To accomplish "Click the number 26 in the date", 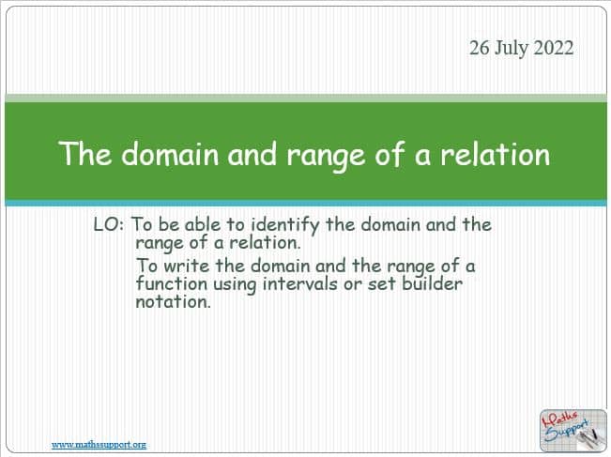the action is click(480, 48).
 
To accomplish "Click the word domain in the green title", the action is click(170, 154).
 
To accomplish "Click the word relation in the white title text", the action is click(495, 154).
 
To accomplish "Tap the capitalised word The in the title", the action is click(85, 154).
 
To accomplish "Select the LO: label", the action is click(109, 225).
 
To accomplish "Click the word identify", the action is click(284, 225).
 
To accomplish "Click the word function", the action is click(172, 283).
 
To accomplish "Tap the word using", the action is click(235, 285).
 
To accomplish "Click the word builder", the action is click(432, 283).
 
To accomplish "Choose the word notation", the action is click(174, 302).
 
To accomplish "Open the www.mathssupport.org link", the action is click(99, 445).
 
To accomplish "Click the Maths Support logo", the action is click(573, 431).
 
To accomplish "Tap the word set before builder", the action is click(382, 284).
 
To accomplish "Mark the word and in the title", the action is click(252, 154).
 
